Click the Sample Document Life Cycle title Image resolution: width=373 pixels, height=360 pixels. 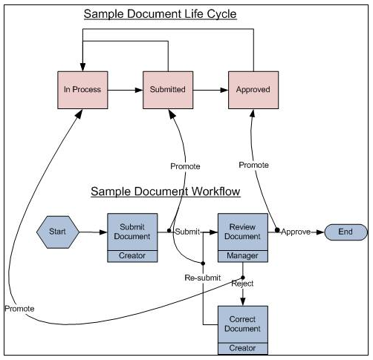click(160, 14)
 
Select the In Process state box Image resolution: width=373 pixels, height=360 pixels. click(82, 90)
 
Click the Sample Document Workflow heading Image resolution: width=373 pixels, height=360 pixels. click(165, 192)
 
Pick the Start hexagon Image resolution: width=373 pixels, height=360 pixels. click(57, 232)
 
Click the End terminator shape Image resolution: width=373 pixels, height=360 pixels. click(346, 232)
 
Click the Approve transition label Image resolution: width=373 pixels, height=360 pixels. click(296, 232)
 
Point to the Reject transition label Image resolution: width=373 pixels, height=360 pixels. click(243, 284)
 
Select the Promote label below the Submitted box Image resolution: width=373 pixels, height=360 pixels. click(185, 166)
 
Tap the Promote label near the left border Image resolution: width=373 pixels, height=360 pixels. click(19, 308)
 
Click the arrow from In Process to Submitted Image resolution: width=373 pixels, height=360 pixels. click(123, 90)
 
